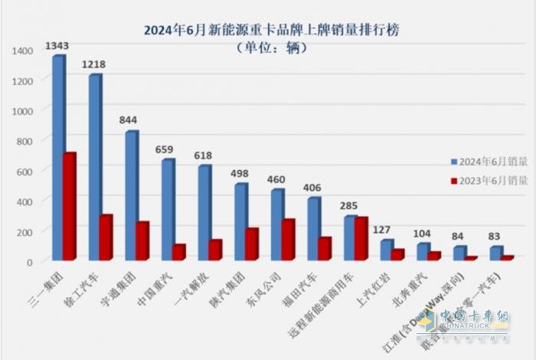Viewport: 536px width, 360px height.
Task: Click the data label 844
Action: click(129, 120)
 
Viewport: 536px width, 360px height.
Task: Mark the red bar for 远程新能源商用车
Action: click(361, 238)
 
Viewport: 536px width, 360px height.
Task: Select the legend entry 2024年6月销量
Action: click(482, 162)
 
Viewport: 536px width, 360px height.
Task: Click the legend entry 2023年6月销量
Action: click(482, 181)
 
